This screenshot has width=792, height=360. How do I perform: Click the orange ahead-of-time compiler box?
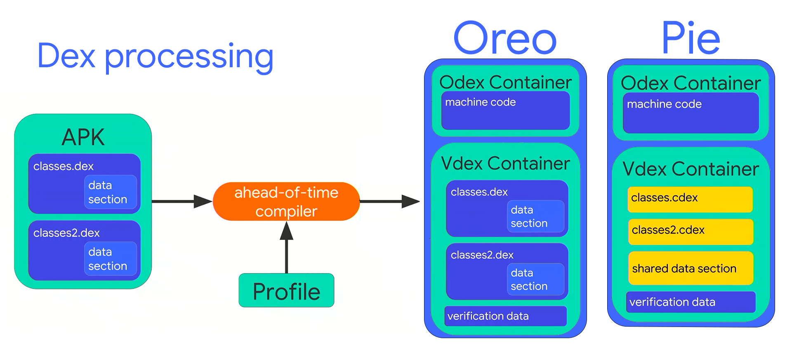point(286,202)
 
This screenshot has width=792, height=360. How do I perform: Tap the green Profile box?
point(286,291)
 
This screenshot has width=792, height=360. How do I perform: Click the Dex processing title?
point(155,56)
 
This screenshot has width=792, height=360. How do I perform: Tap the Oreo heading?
point(505,38)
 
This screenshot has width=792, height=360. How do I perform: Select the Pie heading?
point(691,38)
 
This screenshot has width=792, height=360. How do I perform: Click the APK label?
point(83,137)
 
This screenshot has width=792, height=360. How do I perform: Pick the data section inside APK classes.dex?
point(110,192)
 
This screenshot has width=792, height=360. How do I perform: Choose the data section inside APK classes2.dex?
point(110,259)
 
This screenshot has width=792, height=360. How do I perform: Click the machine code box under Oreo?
point(505,111)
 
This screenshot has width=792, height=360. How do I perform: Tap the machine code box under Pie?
point(691,113)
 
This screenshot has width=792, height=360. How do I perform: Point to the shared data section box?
point(691,268)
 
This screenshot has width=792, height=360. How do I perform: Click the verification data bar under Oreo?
point(505,316)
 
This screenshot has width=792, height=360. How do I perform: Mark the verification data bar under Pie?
point(691,302)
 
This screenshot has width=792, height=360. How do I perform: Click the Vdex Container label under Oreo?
point(505,164)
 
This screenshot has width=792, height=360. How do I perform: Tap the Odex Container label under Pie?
point(691,83)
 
